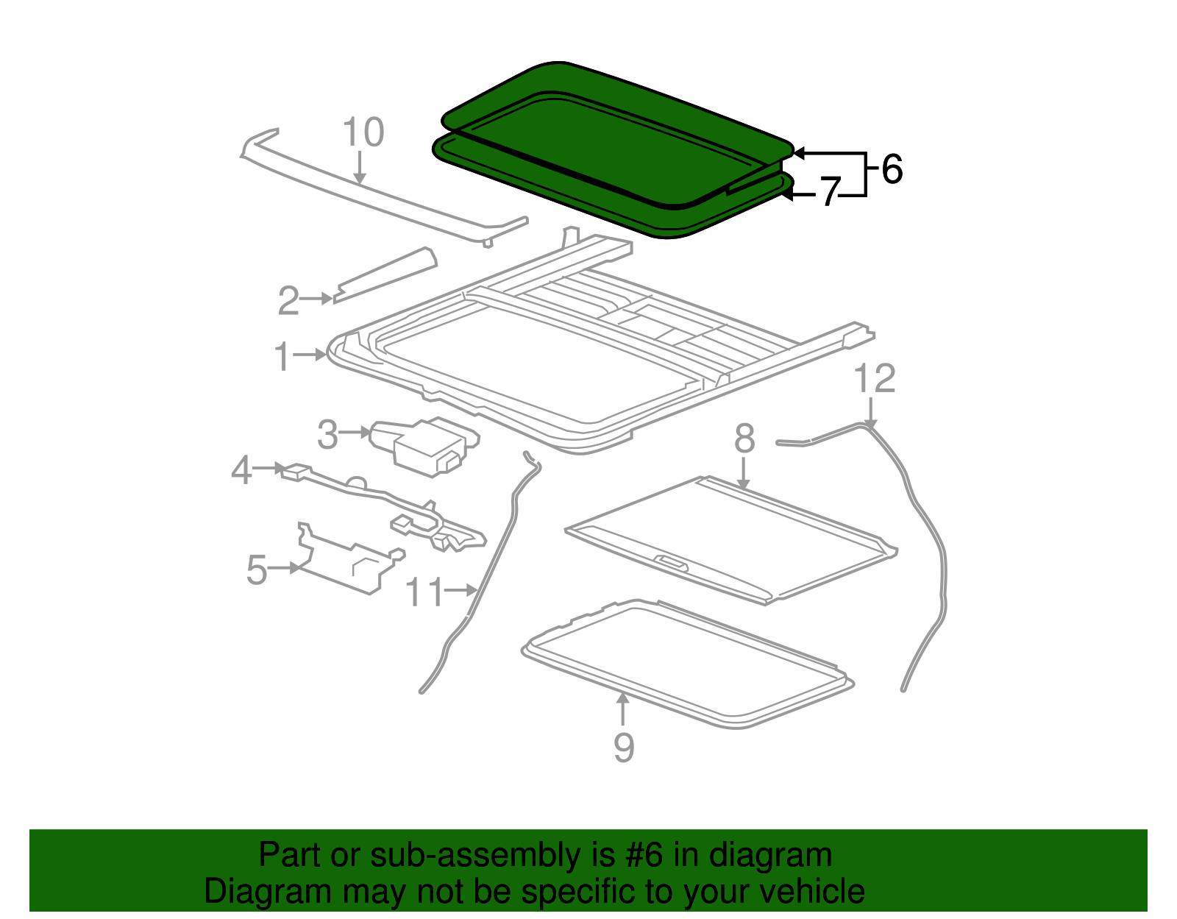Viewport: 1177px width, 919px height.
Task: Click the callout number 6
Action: coord(892,170)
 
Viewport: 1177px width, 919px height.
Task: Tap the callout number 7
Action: coord(830,193)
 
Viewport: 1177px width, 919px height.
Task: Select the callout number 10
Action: coord(363,133)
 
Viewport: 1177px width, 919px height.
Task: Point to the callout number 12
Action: coord(875,380)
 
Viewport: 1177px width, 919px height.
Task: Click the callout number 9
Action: coord(623,748)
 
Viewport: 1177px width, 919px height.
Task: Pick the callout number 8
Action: coord(744,439)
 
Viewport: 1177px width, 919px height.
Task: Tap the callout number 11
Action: coord(425,592)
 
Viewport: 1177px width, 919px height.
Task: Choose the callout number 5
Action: coord(256,570)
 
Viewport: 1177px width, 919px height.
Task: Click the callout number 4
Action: coord(241,471)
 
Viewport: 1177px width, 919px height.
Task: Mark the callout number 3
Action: coord(327,435)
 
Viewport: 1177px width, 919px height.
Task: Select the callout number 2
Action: coord(288,302)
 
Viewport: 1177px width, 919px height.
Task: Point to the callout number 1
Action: coord(282,358)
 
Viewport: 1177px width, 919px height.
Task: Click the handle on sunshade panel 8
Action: coord(671,563)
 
